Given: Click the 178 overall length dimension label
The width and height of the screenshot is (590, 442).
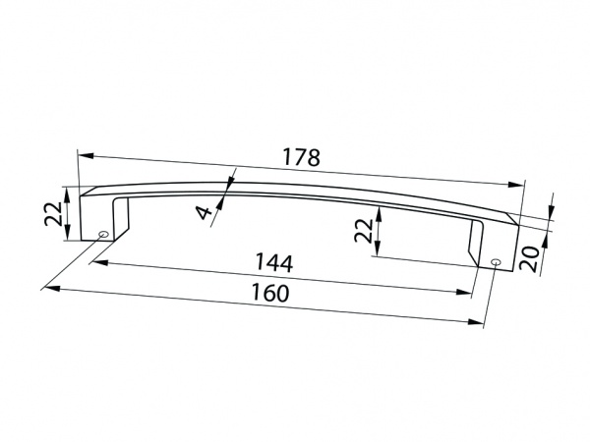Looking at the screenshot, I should pos(303,156).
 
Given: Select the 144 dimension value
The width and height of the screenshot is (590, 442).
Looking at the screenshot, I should pos(273,264).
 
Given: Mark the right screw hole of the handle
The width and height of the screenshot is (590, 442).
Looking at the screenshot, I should pos(496,262).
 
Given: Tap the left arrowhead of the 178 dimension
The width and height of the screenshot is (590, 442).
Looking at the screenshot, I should pos(84,155).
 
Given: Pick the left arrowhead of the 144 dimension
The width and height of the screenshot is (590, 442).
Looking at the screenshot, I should pos(99,262).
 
